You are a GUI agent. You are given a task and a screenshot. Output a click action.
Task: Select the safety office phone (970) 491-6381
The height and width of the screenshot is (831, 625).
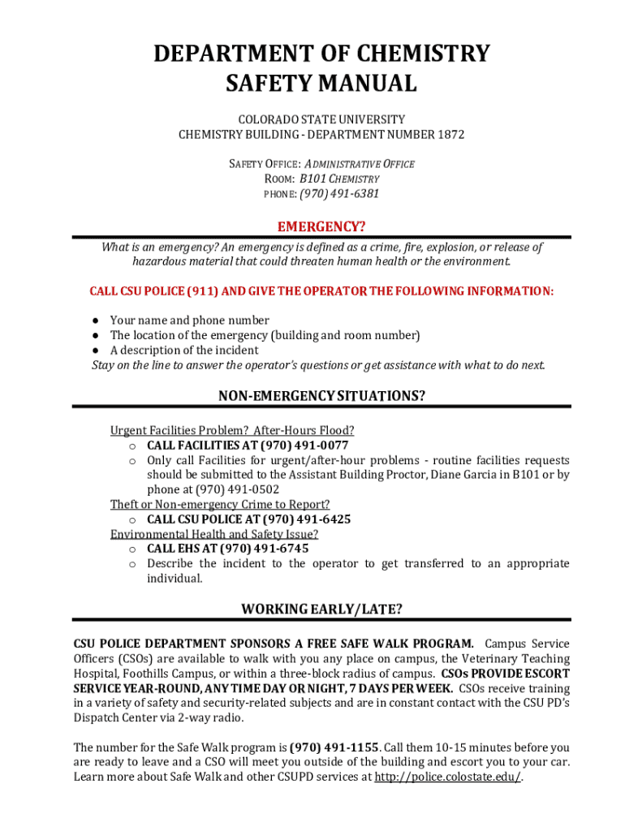tap(339, 193)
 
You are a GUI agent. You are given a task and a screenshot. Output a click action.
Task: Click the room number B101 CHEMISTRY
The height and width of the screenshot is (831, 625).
tap(339, 179)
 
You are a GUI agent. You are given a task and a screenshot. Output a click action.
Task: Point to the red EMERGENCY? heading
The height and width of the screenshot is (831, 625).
tap(321, 226)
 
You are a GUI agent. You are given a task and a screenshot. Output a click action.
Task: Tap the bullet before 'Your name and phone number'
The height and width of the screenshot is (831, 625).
tap(95, 321)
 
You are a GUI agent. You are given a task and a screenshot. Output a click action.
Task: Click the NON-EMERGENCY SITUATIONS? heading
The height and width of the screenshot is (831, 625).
tap(321, 396)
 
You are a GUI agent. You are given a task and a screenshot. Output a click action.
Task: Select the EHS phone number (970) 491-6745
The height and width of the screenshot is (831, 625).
tap(264, 549)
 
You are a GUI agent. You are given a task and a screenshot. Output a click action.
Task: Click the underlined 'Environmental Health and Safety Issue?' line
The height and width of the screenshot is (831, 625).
tap(214, 534)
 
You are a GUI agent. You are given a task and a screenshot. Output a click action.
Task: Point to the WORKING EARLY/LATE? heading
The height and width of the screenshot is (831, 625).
tap(321, 609)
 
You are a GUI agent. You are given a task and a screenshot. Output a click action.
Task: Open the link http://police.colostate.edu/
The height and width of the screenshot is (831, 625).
tap(446, 777)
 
